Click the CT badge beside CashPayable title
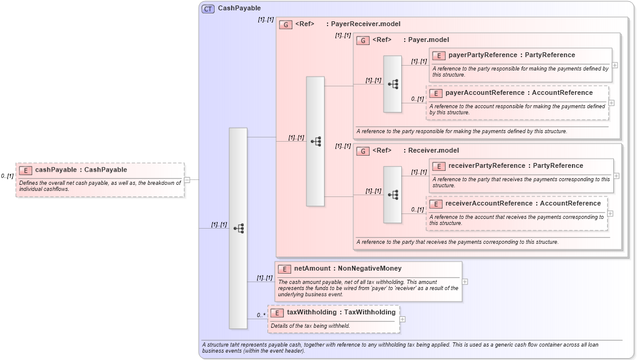point(208,9)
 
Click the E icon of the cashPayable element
point(26,170)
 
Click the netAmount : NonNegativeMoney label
point(348,269)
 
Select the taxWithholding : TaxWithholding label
point(341,313)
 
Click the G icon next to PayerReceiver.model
point(286,24)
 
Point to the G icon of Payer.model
point(363,40)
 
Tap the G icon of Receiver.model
point(363,151)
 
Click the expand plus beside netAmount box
point(465,282)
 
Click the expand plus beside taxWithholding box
point(402,319)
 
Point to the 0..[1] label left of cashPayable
point(7,176)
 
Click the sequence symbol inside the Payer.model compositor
point(393,84)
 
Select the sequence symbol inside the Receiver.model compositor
point(393,195)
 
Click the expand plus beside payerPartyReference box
point(615,65)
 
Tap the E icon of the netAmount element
point(284,269)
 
